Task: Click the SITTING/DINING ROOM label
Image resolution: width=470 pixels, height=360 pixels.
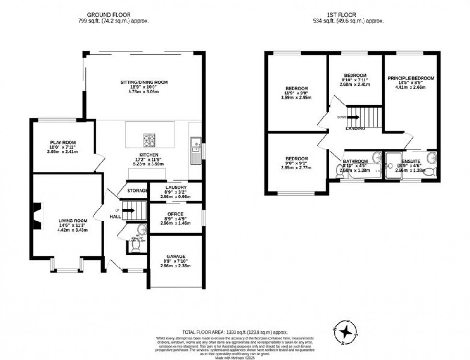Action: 144,82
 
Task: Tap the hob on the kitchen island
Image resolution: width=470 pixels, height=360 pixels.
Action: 150,140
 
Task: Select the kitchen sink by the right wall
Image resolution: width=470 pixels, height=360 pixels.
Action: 196,144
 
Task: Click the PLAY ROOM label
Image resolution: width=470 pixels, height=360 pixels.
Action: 63,142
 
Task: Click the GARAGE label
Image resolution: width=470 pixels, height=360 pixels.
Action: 176,256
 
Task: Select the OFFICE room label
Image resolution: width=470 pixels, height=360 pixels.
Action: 176,214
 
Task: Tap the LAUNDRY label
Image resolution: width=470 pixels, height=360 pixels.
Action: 176,187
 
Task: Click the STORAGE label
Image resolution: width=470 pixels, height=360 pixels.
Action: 137,191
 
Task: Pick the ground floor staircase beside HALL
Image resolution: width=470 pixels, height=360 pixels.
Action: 135,210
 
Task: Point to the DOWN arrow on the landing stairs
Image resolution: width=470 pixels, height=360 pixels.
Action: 353,117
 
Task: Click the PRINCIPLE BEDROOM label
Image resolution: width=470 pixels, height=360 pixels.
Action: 411,78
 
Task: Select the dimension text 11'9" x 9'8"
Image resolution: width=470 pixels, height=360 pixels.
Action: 296,93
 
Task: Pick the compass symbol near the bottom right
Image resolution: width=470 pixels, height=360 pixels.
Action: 345,332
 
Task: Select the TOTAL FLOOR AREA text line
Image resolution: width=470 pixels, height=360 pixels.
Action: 235,332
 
